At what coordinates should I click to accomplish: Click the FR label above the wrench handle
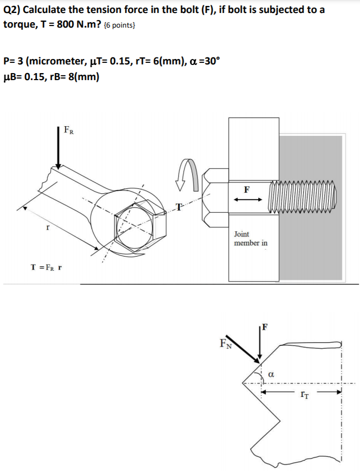point(69,130)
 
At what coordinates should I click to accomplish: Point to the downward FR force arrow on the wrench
point(58,146)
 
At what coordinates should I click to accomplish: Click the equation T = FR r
point(47,267)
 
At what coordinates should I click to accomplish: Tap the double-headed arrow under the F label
point(247,200)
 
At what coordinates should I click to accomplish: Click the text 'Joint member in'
point(250,239)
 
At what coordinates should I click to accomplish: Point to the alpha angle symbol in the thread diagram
point(272,374)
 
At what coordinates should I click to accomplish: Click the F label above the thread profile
point(264,326)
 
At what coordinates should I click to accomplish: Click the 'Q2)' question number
point(12,10)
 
